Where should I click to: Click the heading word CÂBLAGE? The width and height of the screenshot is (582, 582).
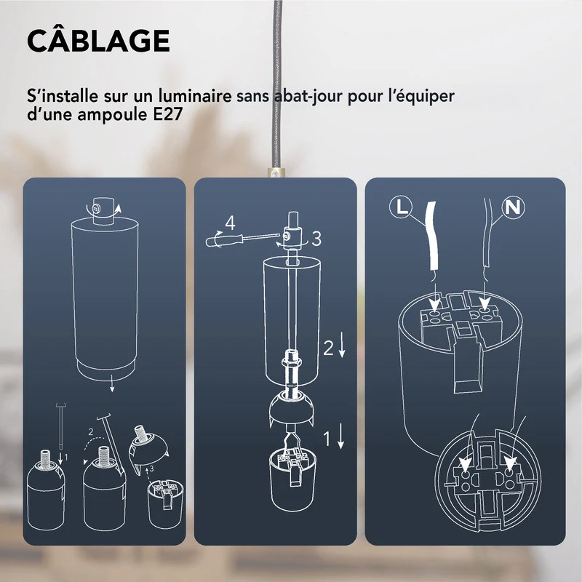click(98, 41)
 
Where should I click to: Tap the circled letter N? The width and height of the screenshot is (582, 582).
click(514, 207)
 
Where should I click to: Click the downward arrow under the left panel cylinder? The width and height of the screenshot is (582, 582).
click(112, 388)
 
